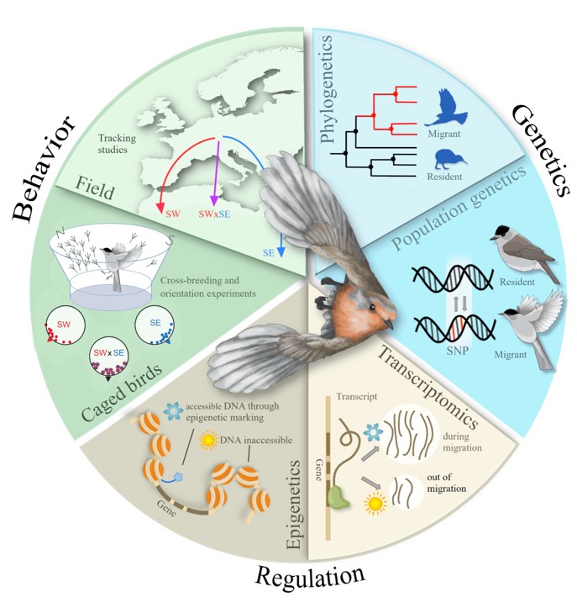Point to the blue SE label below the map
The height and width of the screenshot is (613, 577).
click(267, 251)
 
